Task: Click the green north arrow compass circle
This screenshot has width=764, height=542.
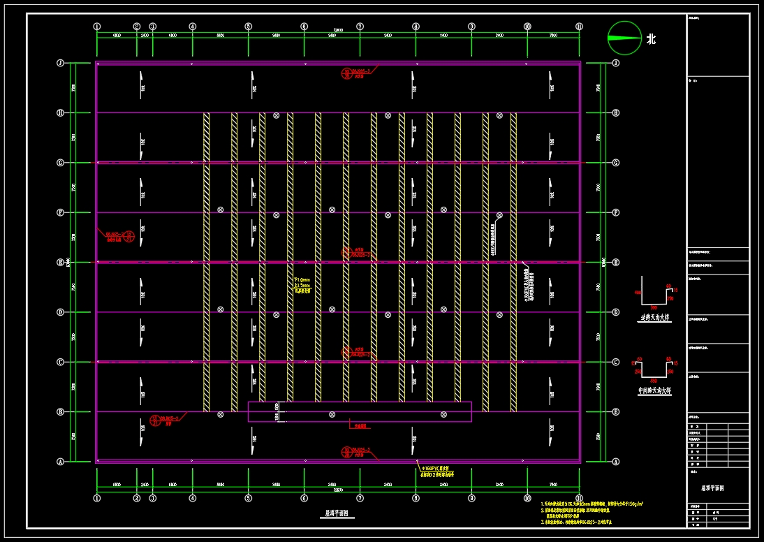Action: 624,38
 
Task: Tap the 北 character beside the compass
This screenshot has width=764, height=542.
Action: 651,39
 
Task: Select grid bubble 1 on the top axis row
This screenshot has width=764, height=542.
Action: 97,27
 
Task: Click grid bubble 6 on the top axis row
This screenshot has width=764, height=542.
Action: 304,27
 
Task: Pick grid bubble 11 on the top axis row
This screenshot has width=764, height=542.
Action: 579,27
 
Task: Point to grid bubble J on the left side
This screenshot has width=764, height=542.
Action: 61,63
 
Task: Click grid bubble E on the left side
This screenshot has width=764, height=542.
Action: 61,263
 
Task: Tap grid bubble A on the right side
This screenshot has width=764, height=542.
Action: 615,462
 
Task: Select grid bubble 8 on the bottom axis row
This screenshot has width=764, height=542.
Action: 416,498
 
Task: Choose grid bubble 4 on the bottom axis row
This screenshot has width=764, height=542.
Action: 192,498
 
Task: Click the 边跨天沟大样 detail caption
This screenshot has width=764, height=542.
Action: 654,317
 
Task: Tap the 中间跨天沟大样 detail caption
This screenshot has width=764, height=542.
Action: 654,390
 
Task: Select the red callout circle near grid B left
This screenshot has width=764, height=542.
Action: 155,420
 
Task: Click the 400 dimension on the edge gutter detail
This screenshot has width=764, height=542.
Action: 638,292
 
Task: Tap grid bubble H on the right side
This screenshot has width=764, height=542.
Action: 615,112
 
